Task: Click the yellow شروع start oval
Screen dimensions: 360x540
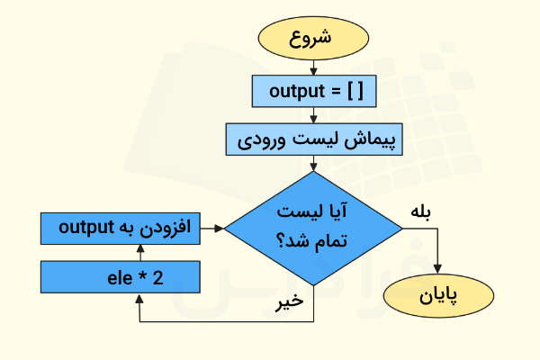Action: (x=313, y=39)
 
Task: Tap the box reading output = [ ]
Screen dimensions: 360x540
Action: (x=313, y=91)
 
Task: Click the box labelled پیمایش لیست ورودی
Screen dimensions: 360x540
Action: (x=313, y=140)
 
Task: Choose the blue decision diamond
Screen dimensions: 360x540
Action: (x=313, y=229)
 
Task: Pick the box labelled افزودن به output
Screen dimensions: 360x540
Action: (x=120, y=228)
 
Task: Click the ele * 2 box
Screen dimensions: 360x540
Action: (x=120, y=277)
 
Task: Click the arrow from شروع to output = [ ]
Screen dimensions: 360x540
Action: (x=313, y=67)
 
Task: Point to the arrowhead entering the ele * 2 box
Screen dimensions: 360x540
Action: (x=139, y=299)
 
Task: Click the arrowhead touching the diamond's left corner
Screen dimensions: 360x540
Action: (x=218, y=229)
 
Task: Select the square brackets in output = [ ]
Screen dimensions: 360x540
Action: (x=355, y=91)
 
